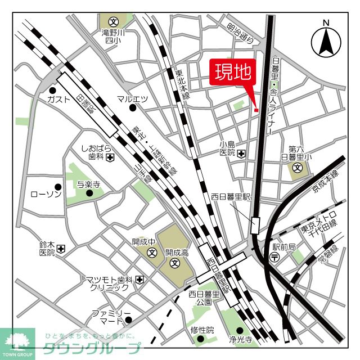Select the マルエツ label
(132, 99)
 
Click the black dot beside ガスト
(52, 90)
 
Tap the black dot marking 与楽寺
(89, 193)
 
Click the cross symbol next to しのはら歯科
(110, 157)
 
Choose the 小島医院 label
(227, 148)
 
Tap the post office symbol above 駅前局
(274, 257)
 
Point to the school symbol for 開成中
(152, 253)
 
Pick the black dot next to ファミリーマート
(128, 320)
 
